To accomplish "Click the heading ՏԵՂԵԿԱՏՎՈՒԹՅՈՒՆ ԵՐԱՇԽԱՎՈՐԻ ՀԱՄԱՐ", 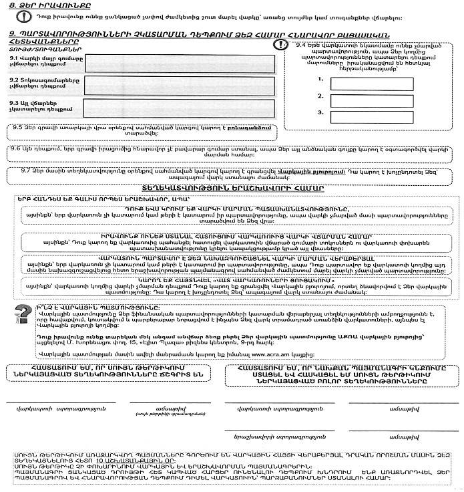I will coord(232,188).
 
